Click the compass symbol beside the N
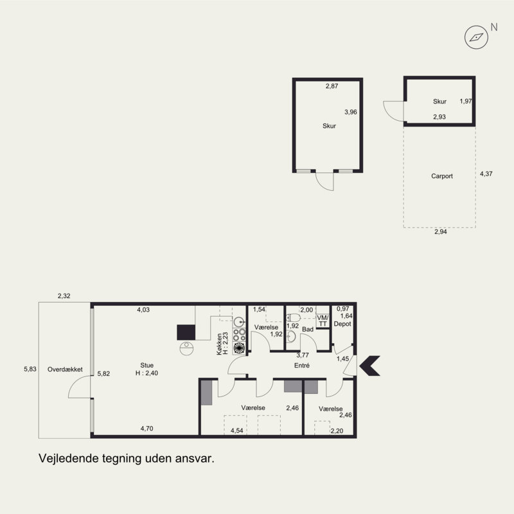pos(476,37)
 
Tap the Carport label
pos(442,176)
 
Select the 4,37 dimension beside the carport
pos(486,173)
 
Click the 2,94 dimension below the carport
pos(441,232)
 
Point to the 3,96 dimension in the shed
pos(350,112)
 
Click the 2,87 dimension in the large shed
pos(332,86)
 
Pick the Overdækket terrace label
pos(65,369)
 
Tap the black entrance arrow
pos(370,366)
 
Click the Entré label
pos(302,365)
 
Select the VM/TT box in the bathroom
pos(323,321)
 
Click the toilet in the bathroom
pos(294,317)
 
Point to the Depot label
pos(342,324)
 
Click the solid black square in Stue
pos(186,332)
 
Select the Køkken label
pos(219,344)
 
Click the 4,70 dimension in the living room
pos(147,429)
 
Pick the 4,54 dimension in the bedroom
pos(236,430)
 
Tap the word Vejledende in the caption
pos(68,458)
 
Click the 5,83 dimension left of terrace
pos(30,369)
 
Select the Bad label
pos(308,330)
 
